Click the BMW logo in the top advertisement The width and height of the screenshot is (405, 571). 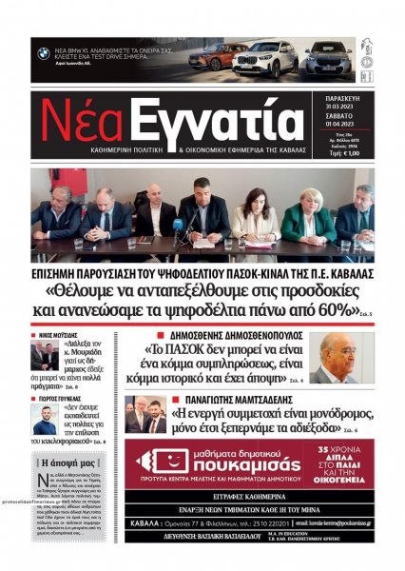pos(44,53)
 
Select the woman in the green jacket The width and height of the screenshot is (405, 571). pos(305,218)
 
